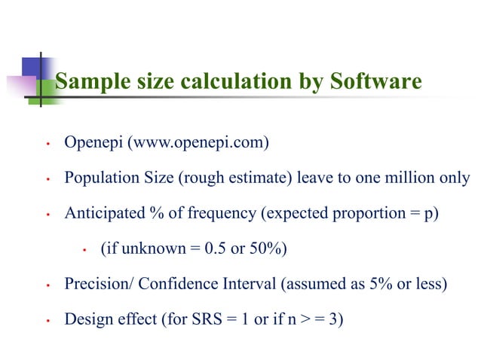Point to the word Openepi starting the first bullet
point(96,143)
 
